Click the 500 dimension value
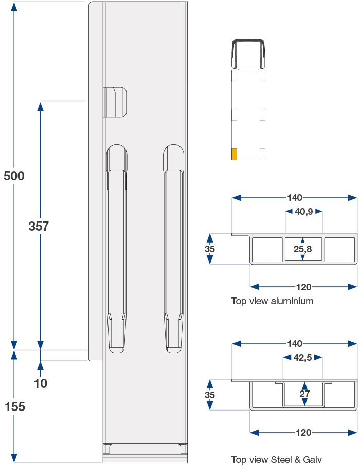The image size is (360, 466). [x=14, y=176]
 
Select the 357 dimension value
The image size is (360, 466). [x=39, y=226]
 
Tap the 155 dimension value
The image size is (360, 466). [x=14, y=406]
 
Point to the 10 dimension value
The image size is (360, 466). [x=40, y=383]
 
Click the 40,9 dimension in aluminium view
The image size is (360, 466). [x=304, y=211]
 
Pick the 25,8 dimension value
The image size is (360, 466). [x=302, y=249]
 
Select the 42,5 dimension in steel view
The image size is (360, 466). [x=302, y=358]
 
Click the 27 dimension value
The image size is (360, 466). [x=304, y=395]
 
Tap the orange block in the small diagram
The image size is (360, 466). [x=234, y=154]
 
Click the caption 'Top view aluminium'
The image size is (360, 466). [x=272, y=301]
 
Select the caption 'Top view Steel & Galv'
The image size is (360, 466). [x=276, y=460]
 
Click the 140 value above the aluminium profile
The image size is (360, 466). [x=295, y=198]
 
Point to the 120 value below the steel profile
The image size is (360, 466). [x=303, y=433]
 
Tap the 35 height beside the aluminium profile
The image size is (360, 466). [x=209, y=249]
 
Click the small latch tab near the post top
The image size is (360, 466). [x=116, y=102]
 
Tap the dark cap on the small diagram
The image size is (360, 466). [x=248, y=53]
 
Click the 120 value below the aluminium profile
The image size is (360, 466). [x=303, y=287]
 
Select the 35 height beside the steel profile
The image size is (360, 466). [x=209, y=395]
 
